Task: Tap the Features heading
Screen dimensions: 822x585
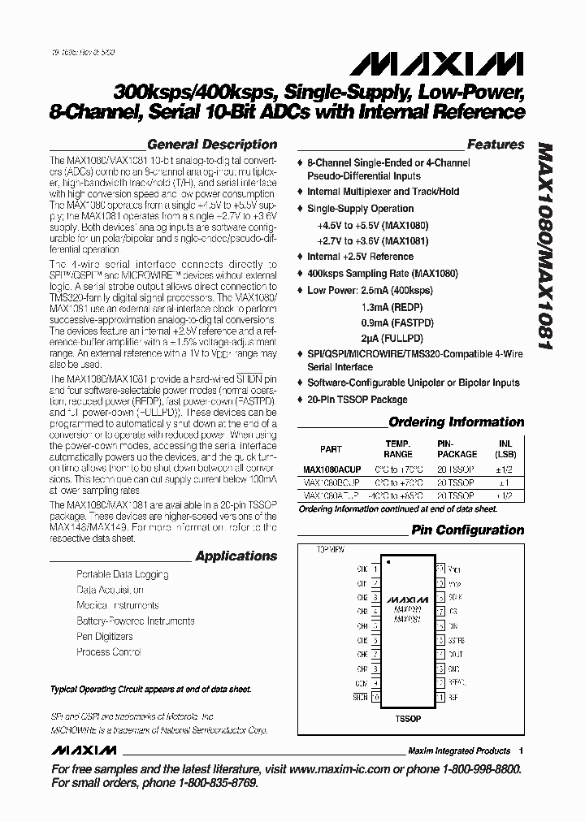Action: tap(495, 145)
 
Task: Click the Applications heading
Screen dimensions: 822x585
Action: tap(236, 556)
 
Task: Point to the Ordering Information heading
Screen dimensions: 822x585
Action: tap(456, 422)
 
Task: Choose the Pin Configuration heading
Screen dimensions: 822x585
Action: tap(467, 530)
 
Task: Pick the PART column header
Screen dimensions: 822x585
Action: tap(331, 449)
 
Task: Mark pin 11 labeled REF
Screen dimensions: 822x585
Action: tap(440, 696)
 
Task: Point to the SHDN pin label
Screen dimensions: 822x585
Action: tap(359, 696)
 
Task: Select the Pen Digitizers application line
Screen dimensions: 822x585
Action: tap(105, 637)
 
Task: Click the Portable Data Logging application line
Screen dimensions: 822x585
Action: tap(123, 574)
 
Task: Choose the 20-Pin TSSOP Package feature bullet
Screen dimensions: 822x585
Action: tap(357, 400)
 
